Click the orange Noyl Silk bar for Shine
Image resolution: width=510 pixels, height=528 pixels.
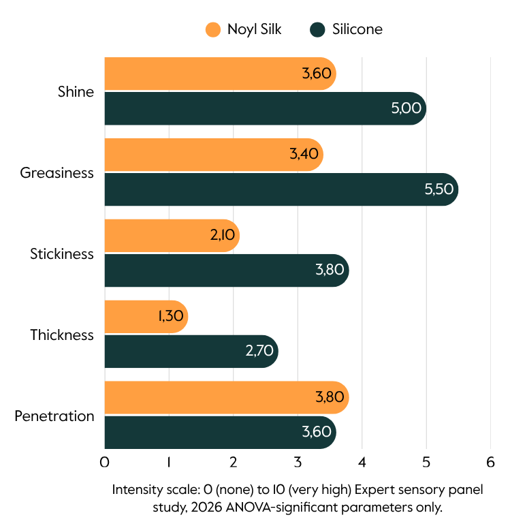click(221, 74)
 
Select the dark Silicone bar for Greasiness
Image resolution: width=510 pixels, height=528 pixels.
click(281, 189)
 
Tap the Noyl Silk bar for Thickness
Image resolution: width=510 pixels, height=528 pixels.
click(146, 317)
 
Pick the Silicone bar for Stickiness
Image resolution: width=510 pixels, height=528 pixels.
click(227, 270)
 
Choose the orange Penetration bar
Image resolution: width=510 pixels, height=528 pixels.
click(227, 398)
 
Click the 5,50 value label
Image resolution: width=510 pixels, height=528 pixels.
click(439, 189)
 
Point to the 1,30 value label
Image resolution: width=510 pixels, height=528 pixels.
click(171, 316)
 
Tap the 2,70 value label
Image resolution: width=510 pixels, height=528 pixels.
click(259, 351)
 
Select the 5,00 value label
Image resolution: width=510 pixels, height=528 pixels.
click(406, 108)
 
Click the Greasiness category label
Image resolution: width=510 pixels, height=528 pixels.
click(57, 173)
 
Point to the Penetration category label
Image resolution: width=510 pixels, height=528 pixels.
click(54, 416)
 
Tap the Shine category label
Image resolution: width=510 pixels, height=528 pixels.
click(76, 91)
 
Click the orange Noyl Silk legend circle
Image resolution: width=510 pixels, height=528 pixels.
click(213, 29)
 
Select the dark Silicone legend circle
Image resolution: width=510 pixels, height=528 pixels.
click(317, 29)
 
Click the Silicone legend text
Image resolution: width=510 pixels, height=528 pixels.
click(357, 29)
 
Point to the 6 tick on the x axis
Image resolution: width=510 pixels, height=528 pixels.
click(490, 462)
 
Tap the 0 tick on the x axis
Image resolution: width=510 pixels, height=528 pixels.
click(104, 462)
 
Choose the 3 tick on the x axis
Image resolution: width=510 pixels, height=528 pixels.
click(298, 462)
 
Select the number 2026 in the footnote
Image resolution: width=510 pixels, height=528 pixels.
click(207, 507)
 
